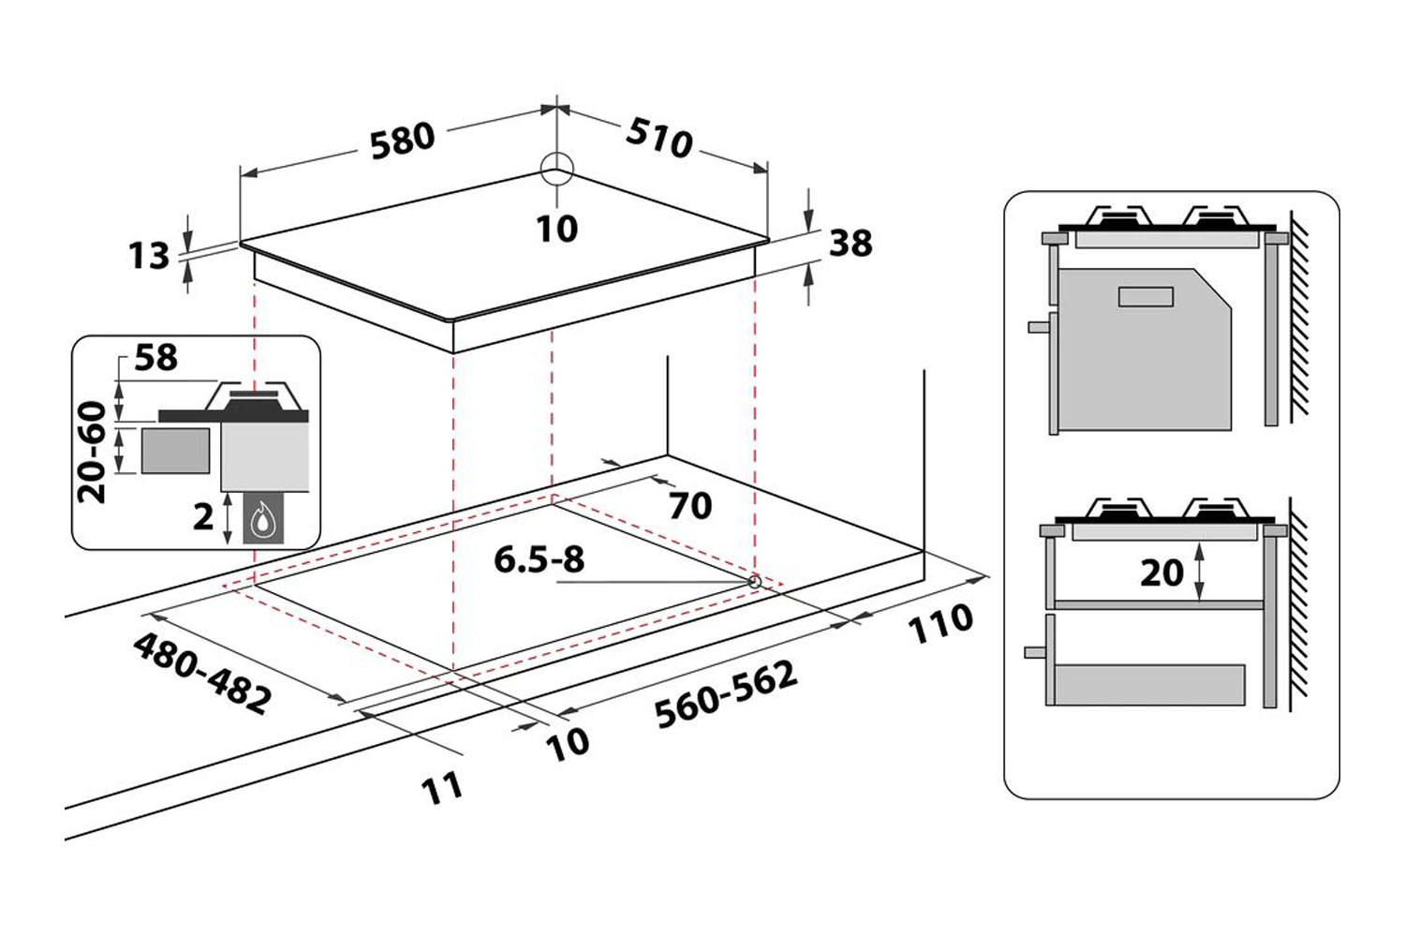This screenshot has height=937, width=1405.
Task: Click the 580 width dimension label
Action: [x=403, y=141]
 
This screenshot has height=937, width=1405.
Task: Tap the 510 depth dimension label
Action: [x=659, y=137]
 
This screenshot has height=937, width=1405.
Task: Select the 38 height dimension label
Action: [x=850, y=244]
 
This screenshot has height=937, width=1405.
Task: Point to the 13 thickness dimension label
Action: [x=149, y=255]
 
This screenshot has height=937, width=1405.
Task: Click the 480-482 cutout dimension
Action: [x=202, y=673]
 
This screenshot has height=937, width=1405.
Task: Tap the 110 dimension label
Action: [x=940, y=623]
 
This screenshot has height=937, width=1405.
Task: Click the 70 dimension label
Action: [x=690, y=506]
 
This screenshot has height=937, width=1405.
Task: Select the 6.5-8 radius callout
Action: [x=539, y=560]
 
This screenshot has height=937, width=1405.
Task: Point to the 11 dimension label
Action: [x=442, y=787]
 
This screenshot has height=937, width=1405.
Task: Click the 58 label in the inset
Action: [x=155, y=357]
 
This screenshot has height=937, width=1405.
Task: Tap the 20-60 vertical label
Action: [x=93, y=452]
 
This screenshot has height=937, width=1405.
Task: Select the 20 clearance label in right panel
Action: [x=1161, y=573]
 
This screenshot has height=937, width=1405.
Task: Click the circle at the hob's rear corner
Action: [x=556, y=171]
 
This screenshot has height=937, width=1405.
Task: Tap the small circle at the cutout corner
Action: [x=754, y=581]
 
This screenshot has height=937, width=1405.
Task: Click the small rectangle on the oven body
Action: [x=1146, y=296]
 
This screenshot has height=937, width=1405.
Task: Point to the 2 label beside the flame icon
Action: [x=203, y=516]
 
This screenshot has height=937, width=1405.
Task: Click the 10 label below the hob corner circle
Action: [x=557, y=229]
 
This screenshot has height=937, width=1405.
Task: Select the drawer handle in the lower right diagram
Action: [x=1035, y=652]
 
